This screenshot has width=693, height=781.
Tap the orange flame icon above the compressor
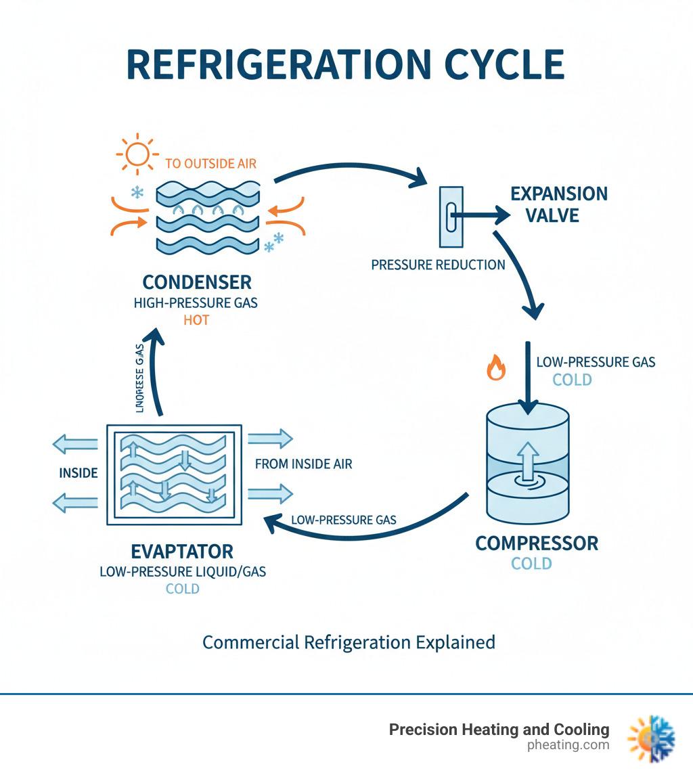(x=496, y=368)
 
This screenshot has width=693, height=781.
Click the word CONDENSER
(x=196, y=282)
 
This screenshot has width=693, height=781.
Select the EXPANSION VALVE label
(x=558, y=204)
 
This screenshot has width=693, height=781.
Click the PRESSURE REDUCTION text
(x=438, y=265)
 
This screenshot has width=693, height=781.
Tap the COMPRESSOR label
(x=537, y=543)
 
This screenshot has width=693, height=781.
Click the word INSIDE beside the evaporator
(x=79, y=472)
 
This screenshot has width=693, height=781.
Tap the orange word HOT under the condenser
(x=196, y=319)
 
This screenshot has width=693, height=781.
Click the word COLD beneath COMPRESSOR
(x=531, y=563)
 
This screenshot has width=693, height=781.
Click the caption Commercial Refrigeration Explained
(x=349, y=642)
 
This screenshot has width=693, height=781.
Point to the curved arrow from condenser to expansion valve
(x=352, y=165)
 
